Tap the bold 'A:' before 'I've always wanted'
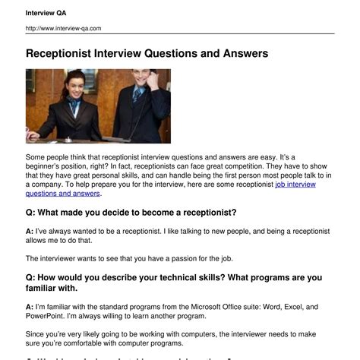tap(29, 230)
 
